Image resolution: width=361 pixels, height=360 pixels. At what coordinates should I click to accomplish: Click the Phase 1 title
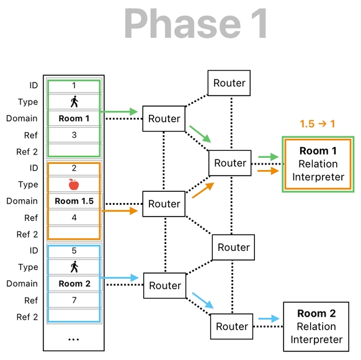click(x=196, y=24)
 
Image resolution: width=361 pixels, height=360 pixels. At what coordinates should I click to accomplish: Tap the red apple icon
click(x=74, y=184)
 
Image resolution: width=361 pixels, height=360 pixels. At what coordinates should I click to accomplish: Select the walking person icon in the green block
click(x=74, y=102)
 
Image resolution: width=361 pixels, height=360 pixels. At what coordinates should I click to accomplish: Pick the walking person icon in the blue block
click(x=74, y=267)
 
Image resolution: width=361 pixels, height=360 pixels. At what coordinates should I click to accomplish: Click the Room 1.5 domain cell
click(x=74, y=201)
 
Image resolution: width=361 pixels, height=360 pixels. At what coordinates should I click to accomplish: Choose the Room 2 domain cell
click(x=74, y=284)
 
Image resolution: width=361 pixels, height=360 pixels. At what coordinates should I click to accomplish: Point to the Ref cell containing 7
click(x=74, y=300)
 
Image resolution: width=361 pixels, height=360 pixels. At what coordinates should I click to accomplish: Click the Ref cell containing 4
click(x=74, y=218)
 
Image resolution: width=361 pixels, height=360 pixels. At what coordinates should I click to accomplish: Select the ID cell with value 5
click(x=74, y=251)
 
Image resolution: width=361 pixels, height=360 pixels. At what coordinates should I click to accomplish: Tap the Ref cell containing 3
click(x=74, y=135)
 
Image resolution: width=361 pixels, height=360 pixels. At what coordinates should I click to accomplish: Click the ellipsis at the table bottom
click(x=74, y=339)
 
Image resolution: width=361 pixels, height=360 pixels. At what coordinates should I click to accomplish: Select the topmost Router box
click(x=230, y=83)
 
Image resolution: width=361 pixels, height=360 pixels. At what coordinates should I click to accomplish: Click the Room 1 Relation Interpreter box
click(x=318, y=164)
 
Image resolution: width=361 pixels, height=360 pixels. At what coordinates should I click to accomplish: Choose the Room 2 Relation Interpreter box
click(x=319, y=326)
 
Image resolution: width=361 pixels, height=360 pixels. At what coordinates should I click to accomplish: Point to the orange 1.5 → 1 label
click(x=317, y=124)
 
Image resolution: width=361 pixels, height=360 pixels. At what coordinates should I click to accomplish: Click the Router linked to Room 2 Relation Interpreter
click(x=232, y=326)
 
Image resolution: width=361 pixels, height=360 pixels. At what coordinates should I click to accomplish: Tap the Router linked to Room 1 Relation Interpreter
click(x=230, y=163)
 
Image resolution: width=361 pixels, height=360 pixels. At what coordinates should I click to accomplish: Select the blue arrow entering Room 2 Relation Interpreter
click(x=268, y=319)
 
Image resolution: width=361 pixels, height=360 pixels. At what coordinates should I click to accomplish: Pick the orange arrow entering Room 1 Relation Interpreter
click(x=268, y=170)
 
